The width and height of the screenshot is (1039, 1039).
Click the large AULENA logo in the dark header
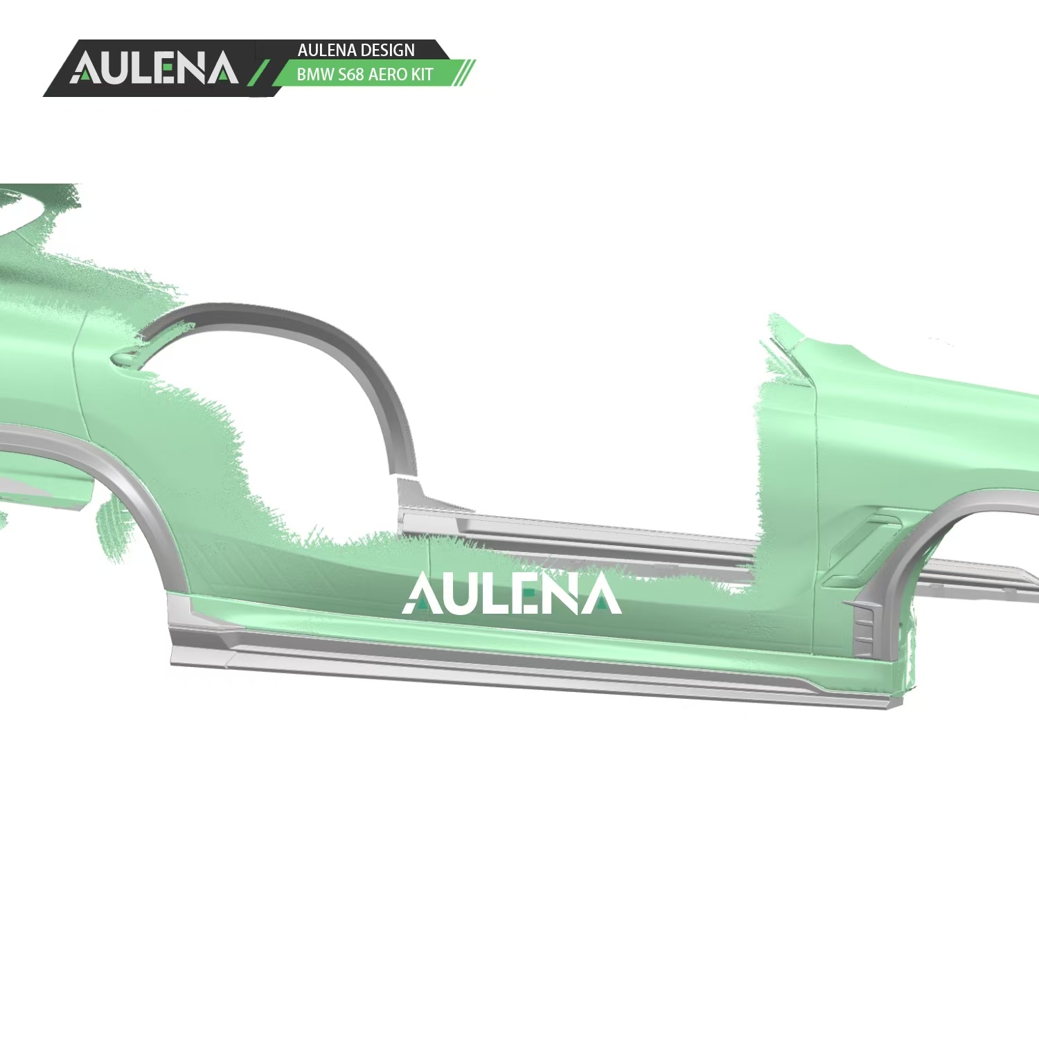point(154,68)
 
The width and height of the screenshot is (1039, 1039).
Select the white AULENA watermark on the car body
point(512,594)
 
